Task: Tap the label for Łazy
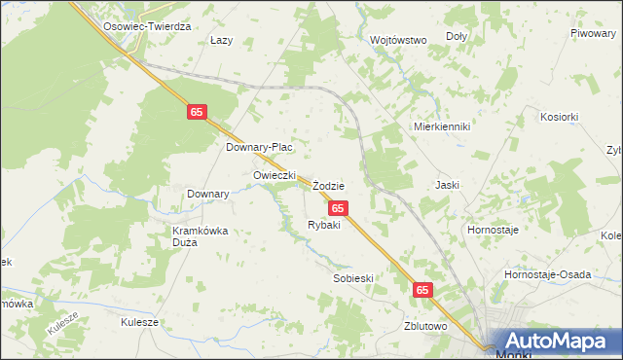pyautogui.click(x=221, y=41)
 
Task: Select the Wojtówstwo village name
pyautogui.click(x=399, y=40)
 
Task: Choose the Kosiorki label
pyautogui.click(x=559, y=116)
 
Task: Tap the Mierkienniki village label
pyautogui.click(x=442, y=126)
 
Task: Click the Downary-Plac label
pyautogui.click(x=259, y=147)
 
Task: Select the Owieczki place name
pyautogui.click(x=274, y=175)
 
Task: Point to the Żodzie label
pyautogui.click(x=329, y=185)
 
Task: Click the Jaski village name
pyautogui.click(x=448, y=184)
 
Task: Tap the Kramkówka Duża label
pyautogui.click(x=199, y=236)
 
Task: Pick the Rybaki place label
pyautogui.click(x=323, y=225)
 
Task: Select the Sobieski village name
pyautogui.click(x=353, y=277)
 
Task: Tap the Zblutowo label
pyautogui.click(x=425, y=326)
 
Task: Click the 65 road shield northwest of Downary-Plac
pyautogui.click(x=198, y=113)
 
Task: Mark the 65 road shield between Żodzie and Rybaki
pyautogui.click(x=337, y=208)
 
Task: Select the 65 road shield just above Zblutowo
pyautogui.click(x=421, y=290)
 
